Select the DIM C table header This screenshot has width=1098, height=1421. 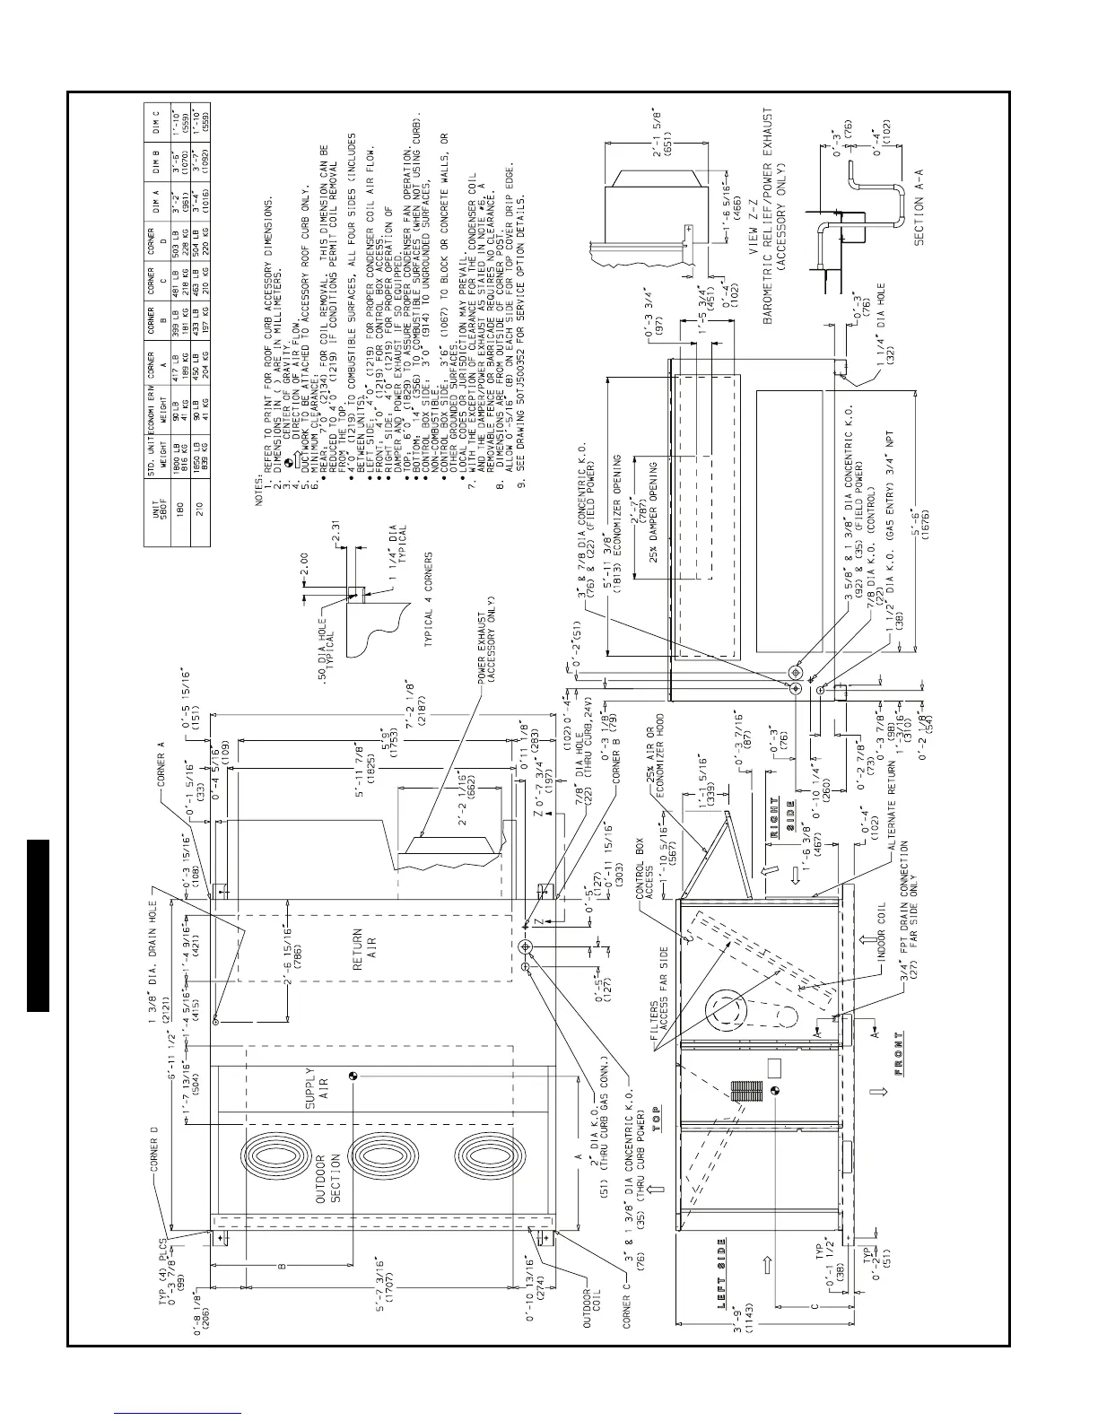[159, 117]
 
